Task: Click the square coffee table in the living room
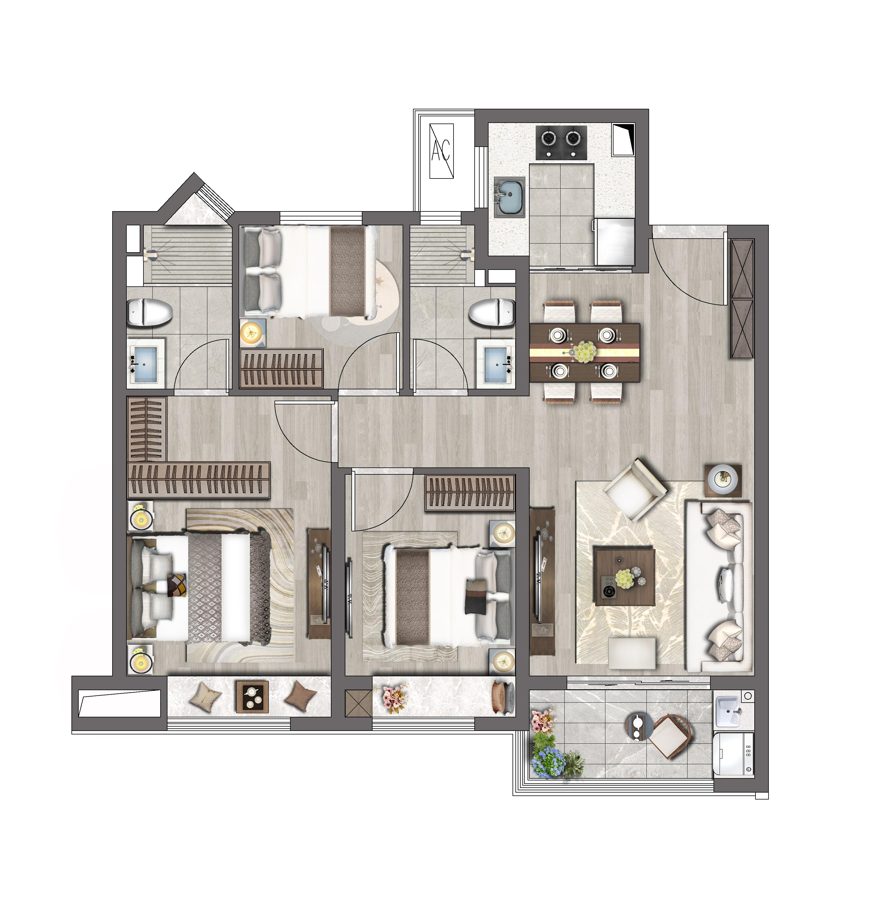click(x=624, y=577)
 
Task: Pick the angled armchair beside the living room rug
click(x=635, y=490)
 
